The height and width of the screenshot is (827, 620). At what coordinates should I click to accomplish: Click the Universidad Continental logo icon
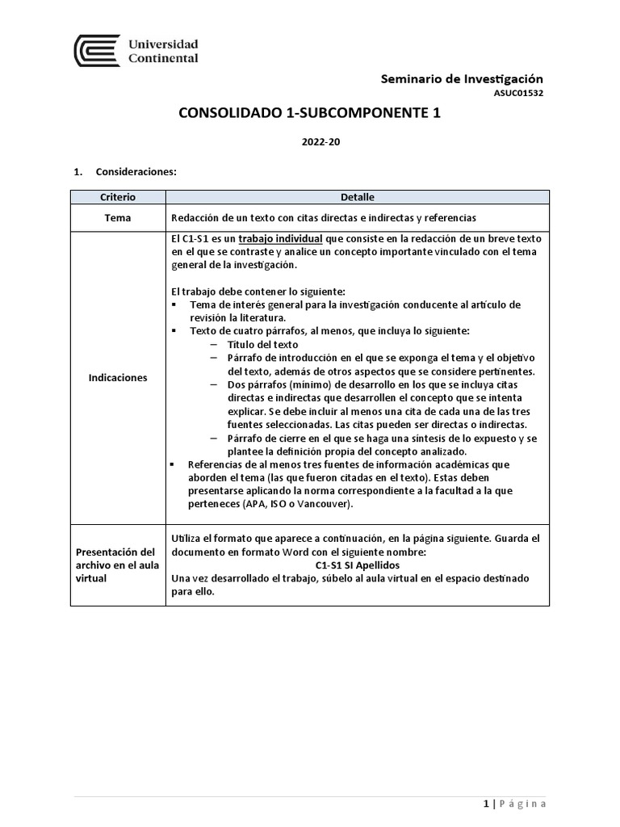pos(97,50)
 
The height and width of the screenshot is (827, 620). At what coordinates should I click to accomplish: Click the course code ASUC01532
pos(518,94)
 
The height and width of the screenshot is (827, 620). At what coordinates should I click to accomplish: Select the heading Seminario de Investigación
pos(462,78)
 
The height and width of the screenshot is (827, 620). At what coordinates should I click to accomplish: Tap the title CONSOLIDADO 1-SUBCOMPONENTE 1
pos(309,114)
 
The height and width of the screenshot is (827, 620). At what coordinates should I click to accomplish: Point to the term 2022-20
pos(309,142)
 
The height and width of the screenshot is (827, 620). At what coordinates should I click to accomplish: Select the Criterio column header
pos(118,197)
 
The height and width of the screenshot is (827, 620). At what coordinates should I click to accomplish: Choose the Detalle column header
pos(357,197)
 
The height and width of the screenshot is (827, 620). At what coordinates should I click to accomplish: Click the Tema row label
pos(118,218)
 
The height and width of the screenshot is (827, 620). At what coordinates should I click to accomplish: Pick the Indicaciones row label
pos(118,378)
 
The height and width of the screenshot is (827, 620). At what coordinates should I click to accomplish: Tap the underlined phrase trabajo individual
pos(281,240)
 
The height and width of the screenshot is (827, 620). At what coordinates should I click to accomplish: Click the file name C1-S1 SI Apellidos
pos(357,565)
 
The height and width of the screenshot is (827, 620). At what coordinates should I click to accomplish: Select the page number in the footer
pos(486,804)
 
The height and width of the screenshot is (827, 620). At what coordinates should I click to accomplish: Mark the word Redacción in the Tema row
pos(196,218)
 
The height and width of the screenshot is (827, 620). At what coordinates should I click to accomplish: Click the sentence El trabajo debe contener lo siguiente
pos(258,291)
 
